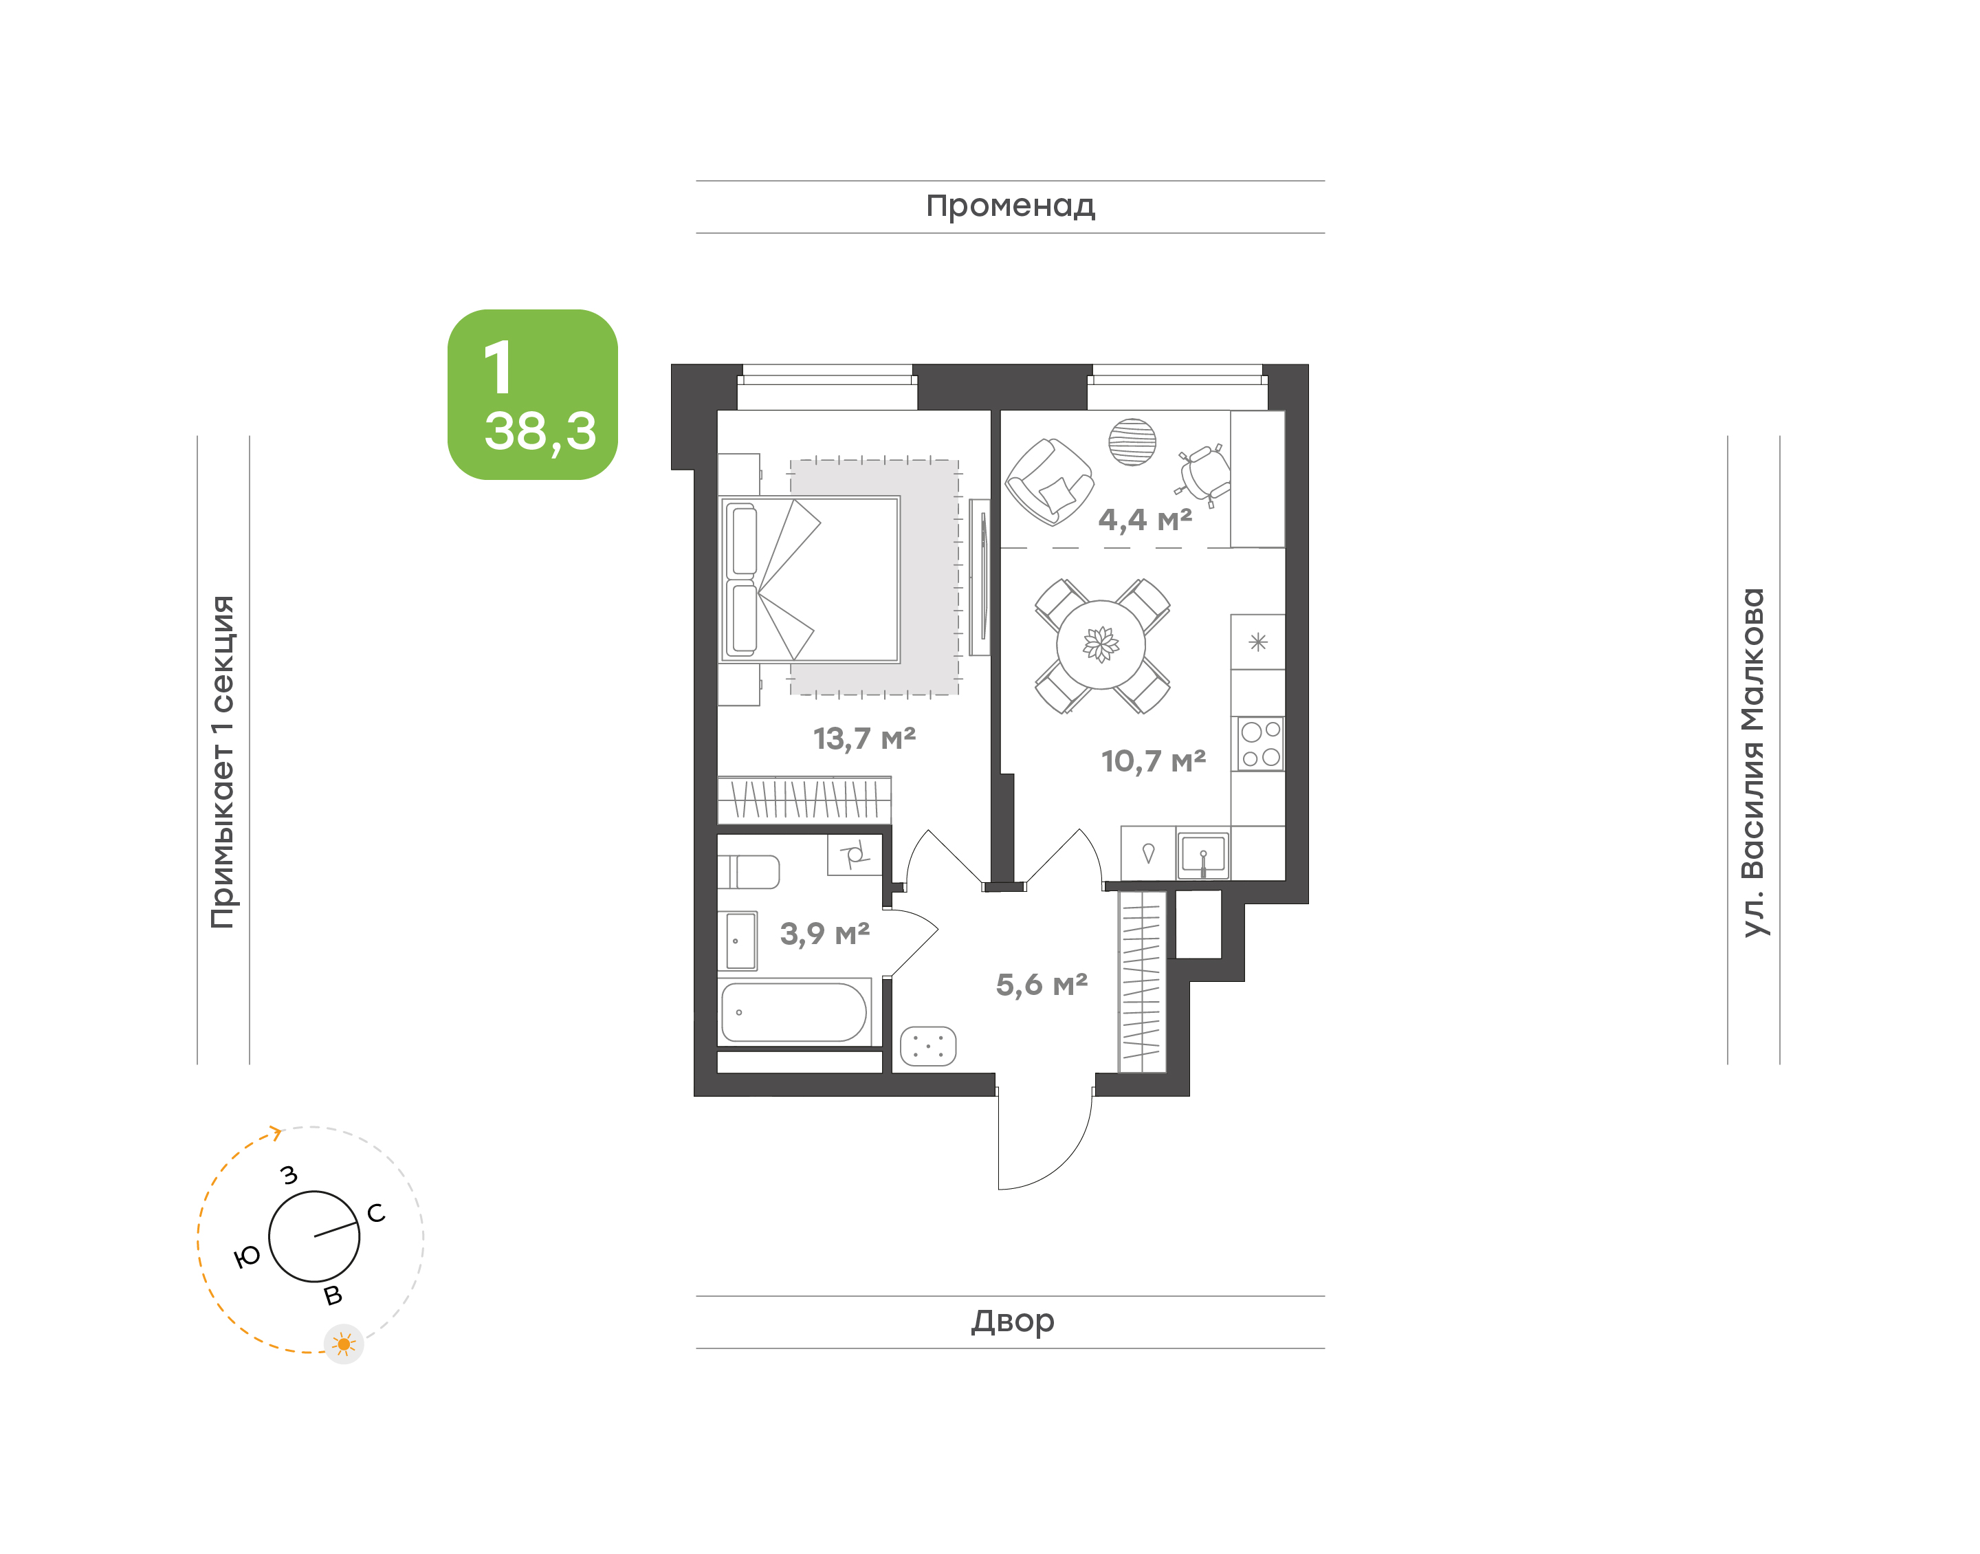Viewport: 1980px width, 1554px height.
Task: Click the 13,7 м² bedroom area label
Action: (x=864, y=738)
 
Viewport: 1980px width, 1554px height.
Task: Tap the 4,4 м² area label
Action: (x=1145, y=520)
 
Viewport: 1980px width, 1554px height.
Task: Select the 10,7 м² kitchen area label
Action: (x=1153, y=760)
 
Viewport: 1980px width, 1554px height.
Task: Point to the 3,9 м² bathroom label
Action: (x=825, y=934)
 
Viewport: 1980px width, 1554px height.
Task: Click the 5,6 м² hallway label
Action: (x=1042, y=985)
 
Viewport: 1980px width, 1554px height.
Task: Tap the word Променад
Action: (x=1011, y=206)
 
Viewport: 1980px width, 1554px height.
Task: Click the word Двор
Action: (x=1012, y=1321)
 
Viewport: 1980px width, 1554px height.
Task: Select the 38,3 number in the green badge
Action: (x=540, y=430)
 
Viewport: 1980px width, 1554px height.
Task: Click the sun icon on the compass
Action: (x=344, y=1344)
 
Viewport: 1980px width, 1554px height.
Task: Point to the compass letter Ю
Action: (x=247, y=1258)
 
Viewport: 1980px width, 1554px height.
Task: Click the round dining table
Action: (x=1101, y=645)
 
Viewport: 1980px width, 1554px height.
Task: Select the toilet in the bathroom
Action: (x=749, y=872)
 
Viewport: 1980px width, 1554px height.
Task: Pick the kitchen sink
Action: (x=1202, y=855)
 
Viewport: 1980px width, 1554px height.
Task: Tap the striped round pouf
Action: (x=1132, y=442)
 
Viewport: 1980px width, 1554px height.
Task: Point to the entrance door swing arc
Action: (x=1064, y=1163)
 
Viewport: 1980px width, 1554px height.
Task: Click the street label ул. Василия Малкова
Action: (x=1752, y=763)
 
